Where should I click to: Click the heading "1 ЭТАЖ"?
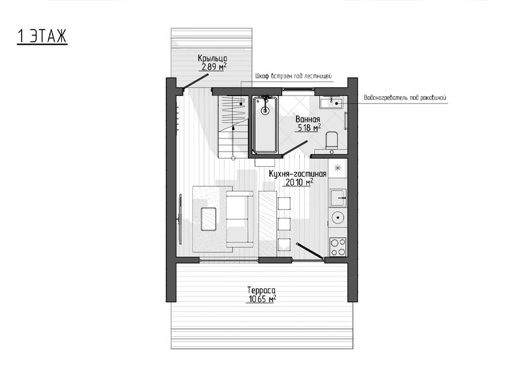pos(42,36)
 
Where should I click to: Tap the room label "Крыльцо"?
pos(213,58)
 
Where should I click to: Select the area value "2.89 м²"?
pos(214,67)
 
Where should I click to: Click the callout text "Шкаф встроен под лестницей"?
pos(293,76)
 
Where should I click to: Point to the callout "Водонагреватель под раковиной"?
pos(405,98)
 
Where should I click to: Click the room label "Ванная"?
pos(308,119)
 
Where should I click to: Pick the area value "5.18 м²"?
pos(309,128)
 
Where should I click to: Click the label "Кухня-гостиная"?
pos(297,174)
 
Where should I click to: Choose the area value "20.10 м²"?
pos(299,183)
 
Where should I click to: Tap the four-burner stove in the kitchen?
pos(338,247)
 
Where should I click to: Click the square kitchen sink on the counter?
pos(338,198)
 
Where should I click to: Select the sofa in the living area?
pos(240,219)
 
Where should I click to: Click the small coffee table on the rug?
pos(209,219)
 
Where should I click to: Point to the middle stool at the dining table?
pos(284,224)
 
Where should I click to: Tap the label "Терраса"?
pos(261,290)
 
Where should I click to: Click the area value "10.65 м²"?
pos(262,299)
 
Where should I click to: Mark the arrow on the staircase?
pos(233,141)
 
